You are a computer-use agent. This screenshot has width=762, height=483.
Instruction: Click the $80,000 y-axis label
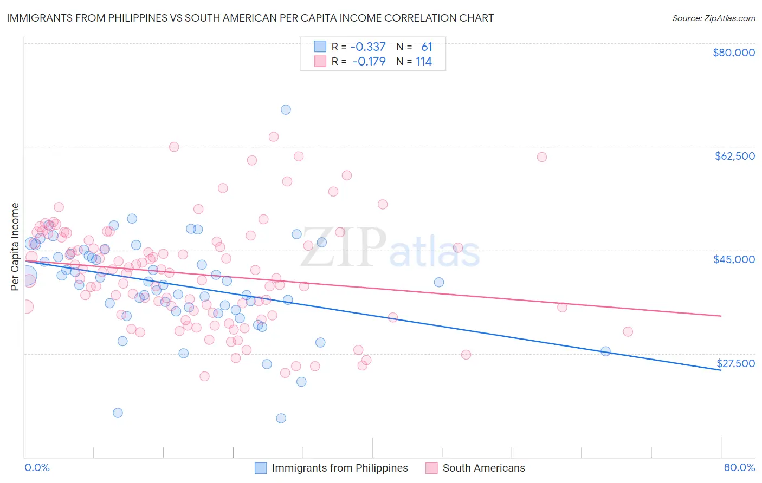(733, 53)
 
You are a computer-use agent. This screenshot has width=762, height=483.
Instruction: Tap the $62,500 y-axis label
(734, 156)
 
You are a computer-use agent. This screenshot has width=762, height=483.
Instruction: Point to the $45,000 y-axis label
(734, 259)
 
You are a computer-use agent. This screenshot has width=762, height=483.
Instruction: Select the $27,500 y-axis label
(735, 363)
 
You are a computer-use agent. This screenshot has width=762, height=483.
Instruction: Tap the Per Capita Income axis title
(15, 246)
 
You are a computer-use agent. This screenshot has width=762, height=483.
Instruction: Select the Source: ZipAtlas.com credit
(713, 18)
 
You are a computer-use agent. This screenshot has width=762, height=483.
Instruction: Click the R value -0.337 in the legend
(368, 47)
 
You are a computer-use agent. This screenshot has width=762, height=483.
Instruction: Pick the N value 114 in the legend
(424, 61)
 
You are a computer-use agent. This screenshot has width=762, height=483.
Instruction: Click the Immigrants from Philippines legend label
(340, 468)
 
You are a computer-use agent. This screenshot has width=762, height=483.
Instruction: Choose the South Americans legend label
(483, 468)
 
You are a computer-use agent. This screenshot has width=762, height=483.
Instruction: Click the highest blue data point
(286, 109)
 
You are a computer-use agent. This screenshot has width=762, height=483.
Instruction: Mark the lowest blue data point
(281, 418)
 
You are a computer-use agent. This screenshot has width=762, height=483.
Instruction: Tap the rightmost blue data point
(605, 351)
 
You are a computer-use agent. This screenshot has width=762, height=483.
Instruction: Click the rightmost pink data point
(628, 331)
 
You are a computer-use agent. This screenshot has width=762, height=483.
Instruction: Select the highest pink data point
(274, 136)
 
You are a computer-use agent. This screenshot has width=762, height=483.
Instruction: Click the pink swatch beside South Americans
(431, 468)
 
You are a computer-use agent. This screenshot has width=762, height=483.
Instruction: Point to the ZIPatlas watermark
(390, 249)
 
